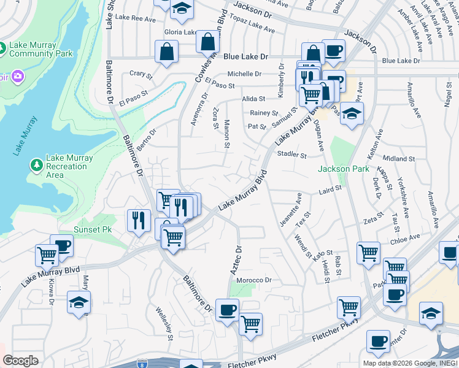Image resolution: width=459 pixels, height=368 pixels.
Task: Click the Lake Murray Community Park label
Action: tap(41, 49)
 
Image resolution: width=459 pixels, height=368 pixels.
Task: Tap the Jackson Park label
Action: tap(343, 169)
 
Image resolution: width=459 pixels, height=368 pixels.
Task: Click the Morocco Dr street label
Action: tap(254, 280)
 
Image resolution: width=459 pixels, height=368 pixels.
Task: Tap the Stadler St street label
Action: tap(291, 155)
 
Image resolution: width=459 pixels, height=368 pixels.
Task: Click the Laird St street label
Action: tap(330, 191)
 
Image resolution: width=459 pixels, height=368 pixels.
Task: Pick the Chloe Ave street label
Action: tap(405, 237)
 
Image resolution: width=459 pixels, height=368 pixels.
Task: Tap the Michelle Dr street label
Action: tap(245, 74)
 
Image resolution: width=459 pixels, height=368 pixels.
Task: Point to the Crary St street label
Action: tap(141, 74)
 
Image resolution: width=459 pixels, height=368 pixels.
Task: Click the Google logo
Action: tap(20, 361)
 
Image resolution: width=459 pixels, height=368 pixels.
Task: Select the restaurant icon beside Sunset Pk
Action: tap(139, 220)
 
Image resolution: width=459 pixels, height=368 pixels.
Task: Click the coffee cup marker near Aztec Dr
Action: tap(227, 309)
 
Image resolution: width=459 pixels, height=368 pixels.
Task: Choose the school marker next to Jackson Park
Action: tap(352, 114)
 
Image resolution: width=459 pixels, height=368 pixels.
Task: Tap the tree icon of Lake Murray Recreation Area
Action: tap(36, 166)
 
